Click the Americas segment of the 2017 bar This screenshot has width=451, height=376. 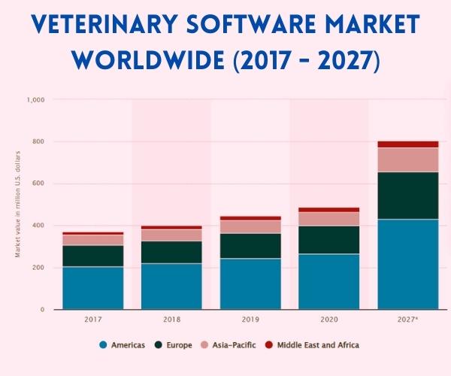point(93,288)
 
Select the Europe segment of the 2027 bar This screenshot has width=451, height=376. point(408,196)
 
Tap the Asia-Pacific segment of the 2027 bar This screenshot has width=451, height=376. point(408,159)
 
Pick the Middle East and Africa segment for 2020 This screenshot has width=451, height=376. point(329,210)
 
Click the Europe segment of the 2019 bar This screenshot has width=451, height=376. point(250,246)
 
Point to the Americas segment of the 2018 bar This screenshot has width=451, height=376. point(172,286)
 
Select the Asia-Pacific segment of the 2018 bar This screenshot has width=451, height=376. point(172,235)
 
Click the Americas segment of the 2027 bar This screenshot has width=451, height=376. point(408,264)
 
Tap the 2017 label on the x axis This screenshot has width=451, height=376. point(93,320)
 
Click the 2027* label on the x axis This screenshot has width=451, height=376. point(408,320)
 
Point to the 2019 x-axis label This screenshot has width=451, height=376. point(250,320)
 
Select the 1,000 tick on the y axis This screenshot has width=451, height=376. point(36,99)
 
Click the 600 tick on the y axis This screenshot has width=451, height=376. point(39,183)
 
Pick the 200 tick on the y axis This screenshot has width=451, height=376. point(39,268)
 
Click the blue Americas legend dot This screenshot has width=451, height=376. point(103,345)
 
